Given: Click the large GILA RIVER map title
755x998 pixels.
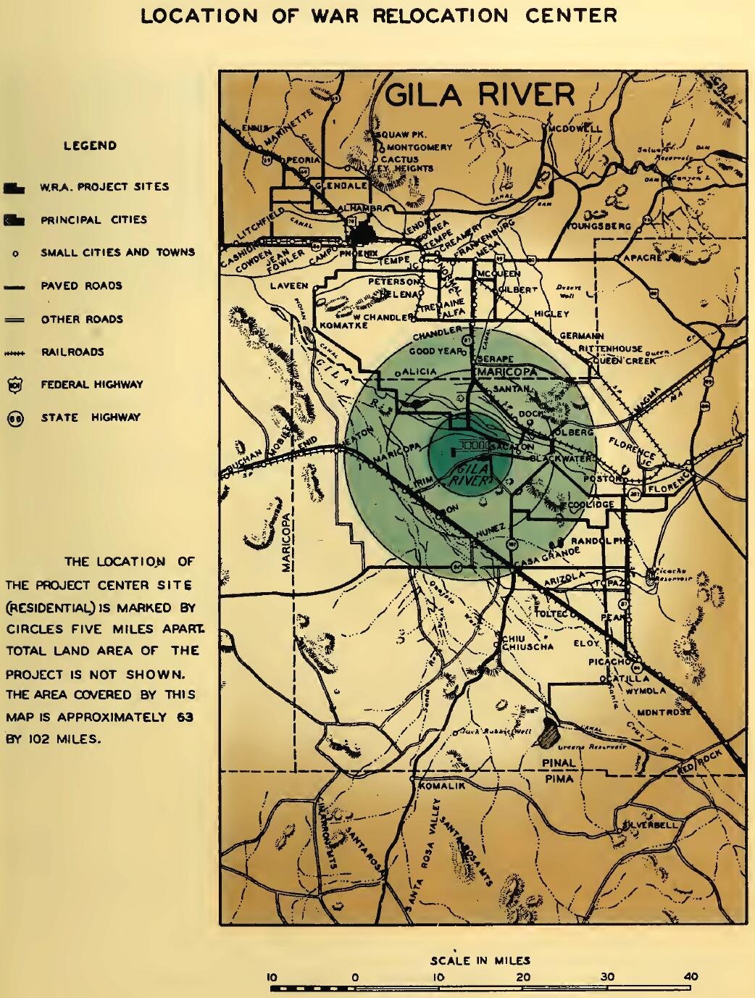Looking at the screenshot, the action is point(480,95).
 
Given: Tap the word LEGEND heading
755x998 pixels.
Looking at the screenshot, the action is point(90,146).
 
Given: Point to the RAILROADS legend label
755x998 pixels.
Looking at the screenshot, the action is point(72,352).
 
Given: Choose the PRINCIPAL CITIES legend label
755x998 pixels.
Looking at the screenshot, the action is point(93,220).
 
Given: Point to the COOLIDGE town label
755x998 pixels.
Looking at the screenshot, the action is point(591,504).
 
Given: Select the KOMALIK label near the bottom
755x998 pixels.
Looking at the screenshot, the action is point(441,785).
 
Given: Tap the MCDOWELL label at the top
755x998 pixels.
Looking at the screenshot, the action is point(575,129).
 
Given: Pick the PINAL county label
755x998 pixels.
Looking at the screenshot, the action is point(559,763).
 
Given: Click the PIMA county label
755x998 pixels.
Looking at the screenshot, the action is point(558,779).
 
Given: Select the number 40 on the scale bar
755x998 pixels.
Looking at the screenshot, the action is point(690,976).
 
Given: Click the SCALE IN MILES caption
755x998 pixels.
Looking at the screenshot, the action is point(480,960).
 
